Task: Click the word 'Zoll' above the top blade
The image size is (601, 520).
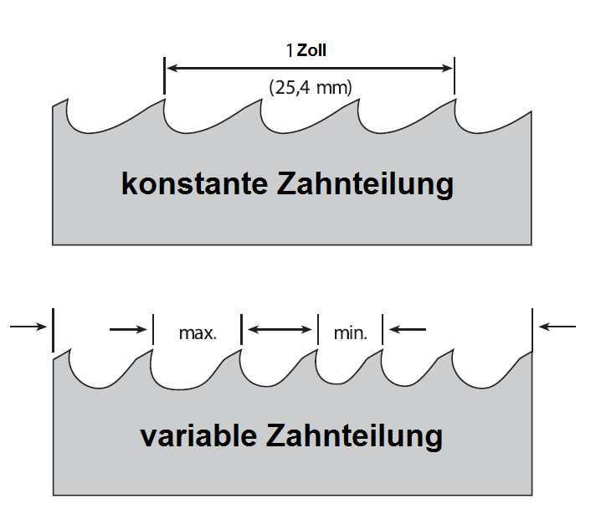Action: tap(312, 50)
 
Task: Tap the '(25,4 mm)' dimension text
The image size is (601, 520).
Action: tap(310, 85)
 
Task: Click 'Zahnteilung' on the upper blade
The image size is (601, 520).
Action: tap(366, 183)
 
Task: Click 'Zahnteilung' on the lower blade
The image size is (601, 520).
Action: tap(355, 435)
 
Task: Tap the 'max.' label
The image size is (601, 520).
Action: tap(198, 332)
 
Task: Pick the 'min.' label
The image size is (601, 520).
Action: tap(350, 332)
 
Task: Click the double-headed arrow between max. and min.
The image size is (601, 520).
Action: tap(280, 329)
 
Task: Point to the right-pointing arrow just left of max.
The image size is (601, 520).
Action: tap(130, 329)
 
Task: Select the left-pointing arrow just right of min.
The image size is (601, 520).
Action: tap(408, 329)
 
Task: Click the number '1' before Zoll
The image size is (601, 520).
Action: tap(290, 51)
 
